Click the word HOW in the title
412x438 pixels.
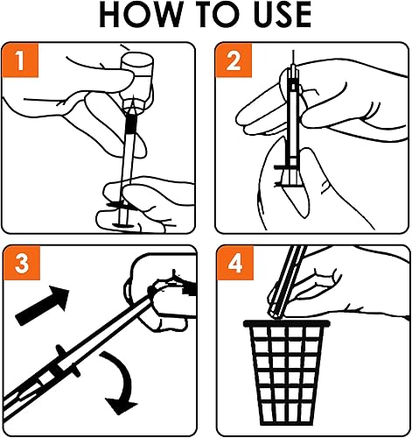point(140,15)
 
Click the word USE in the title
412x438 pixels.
point(283,15)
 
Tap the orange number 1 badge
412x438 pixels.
point(20,60)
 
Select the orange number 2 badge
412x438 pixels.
point(234,60)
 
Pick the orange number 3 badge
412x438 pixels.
point(22,263)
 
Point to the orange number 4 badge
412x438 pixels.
point(235,263)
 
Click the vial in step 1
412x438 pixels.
point(137,81)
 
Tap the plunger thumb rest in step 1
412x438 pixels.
point(125,225)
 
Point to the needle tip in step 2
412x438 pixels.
point(293,52)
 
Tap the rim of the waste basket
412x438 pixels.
point(287,323)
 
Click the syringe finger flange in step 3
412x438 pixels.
point(68,362)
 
